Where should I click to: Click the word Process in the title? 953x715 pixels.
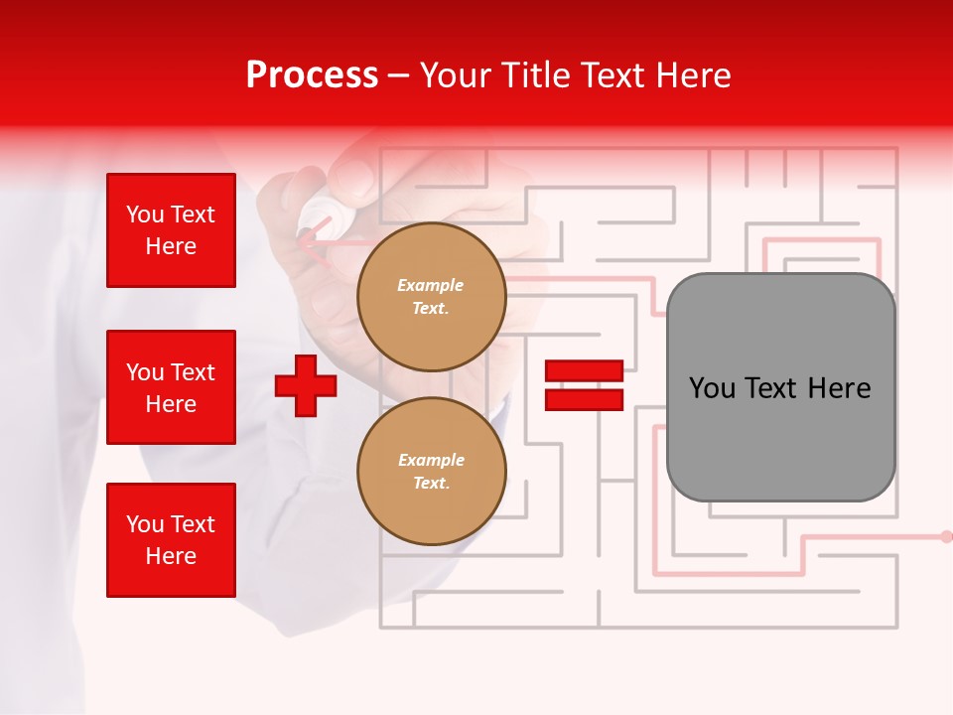[x=312, y=75]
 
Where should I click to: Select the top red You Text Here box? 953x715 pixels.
[x=171, y=230]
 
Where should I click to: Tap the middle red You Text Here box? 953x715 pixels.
[x=171, y=387]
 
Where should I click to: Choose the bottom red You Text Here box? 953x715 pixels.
[x=171, y=540]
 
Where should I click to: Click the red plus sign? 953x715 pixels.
[x=306, y=385]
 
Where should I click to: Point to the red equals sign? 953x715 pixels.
[x=584, y=385]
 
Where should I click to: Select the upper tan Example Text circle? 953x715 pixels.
[x=431, y=297]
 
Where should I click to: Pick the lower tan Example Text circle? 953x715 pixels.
[x=431, y=472]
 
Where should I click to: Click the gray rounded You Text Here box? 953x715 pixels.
[x=780, y=387]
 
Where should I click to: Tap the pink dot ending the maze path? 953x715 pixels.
[x=946, y=536]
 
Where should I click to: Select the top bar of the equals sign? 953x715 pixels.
[x=584, y=371]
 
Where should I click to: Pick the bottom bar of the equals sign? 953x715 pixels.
[x=584, y=399]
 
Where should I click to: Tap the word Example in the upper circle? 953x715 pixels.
[x=431, y=286]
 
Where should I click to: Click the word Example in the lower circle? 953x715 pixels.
[x=431, y=461]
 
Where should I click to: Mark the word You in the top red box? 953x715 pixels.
[x=144, y=214]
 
